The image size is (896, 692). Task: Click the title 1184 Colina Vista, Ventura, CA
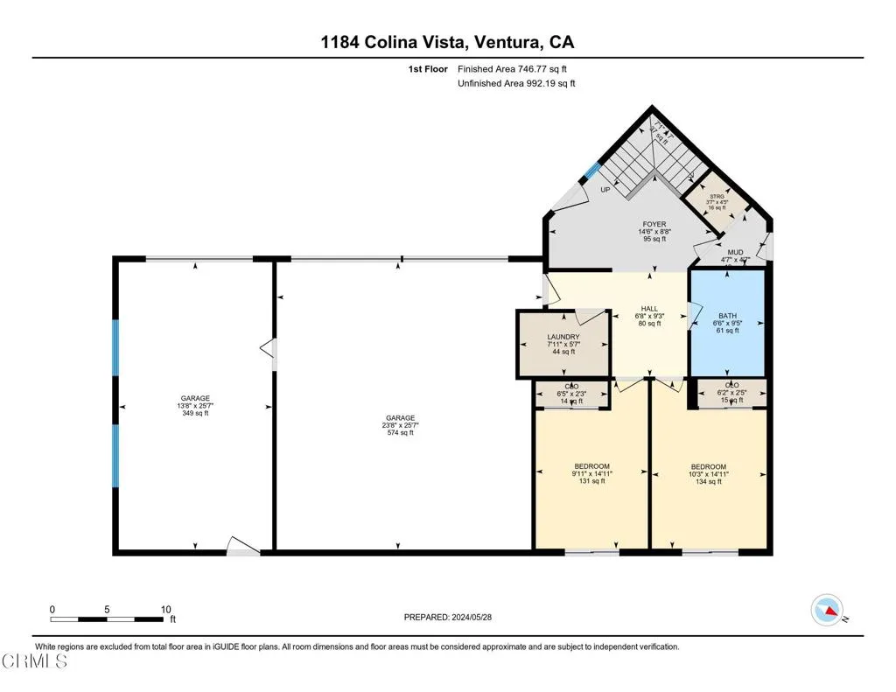447,42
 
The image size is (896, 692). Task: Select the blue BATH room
728,323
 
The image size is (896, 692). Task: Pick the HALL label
648,316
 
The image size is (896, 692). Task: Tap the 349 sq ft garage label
194,406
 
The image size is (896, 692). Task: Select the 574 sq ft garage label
400,425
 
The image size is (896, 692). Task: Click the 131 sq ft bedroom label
591,473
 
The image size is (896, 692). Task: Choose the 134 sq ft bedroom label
708,473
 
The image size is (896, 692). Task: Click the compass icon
827,609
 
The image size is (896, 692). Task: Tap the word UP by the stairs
605,190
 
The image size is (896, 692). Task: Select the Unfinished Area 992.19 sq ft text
516,84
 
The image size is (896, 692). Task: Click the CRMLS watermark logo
35,661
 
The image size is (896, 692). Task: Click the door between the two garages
268,350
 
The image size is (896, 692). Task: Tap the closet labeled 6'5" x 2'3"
572,393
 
